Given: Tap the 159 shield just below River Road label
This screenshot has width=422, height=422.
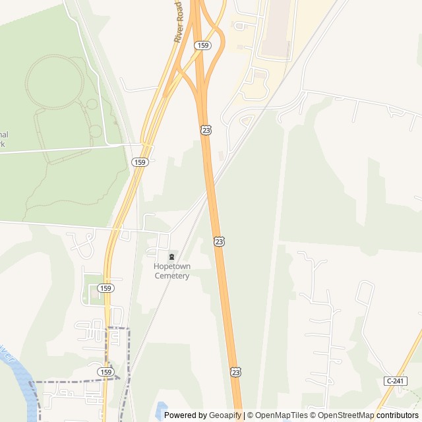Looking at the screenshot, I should [202, 45].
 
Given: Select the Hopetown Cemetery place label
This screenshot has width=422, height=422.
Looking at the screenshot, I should [172, 271].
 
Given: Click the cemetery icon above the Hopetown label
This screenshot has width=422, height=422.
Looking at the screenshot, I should [172, 256].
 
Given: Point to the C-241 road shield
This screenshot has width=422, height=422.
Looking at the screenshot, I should [396, 381].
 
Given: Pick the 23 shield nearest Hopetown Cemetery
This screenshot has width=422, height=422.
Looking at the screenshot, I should [219, 242].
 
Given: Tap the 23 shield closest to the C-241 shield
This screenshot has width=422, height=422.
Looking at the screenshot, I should [235, 373].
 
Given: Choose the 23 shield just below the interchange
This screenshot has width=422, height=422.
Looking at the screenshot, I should [206, 131].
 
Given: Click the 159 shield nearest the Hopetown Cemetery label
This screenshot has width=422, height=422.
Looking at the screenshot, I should [105, 288].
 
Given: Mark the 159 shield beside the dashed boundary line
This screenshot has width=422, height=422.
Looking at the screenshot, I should [106, 373].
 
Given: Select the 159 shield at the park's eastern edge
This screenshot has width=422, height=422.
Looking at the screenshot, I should [139, 162].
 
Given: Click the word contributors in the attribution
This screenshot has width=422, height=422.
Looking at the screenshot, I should [397, 415].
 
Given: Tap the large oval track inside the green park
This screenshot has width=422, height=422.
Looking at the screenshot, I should [54, 82].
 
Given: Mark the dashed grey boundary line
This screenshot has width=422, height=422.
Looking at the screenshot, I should [73, 382].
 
